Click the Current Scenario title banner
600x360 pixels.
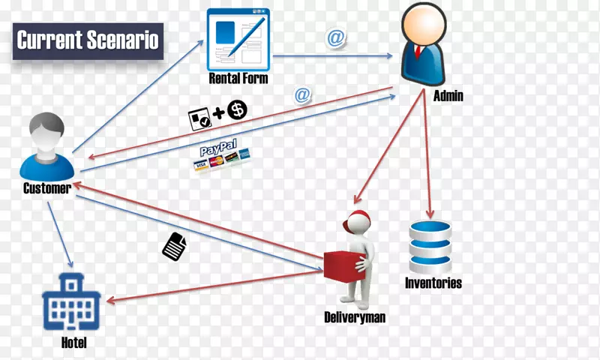click(x=88, y=40)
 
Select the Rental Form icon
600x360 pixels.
click(x=238, y=40)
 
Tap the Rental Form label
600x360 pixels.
click(x=238, y=79)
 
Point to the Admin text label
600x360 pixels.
click(x=448, y=95)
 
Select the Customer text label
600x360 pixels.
click(x=46, y=188)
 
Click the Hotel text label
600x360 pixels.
click(x=73, y=343)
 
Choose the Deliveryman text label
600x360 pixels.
click(x=354, y=317)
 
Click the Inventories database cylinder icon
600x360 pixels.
click(x=430, y=246)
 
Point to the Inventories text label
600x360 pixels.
click(x=433, y=283)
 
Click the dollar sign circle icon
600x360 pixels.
click(x=237, y=110)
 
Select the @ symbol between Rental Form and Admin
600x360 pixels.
click(x=334, y=37)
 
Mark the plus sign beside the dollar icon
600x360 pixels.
click(x=218, y=113)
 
